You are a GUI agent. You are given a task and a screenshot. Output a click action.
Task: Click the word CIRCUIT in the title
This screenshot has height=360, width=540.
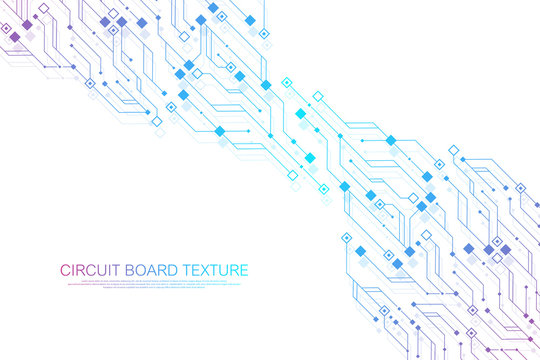[x=89, y=270]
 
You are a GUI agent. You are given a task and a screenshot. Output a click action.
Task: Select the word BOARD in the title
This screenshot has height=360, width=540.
[x=151, y=270]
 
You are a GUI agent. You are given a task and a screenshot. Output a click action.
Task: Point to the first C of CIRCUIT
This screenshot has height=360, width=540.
[x=65, y=270]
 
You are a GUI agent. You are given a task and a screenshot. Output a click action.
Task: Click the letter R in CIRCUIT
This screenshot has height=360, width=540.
[x=82, y=270]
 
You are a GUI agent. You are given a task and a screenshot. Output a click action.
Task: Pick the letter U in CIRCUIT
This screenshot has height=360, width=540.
[x=104, y=270]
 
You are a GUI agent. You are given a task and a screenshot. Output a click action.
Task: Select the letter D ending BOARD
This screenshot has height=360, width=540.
[x=173, y=270]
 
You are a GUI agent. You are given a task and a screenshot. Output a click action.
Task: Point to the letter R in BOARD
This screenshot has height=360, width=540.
[x=162, y=270]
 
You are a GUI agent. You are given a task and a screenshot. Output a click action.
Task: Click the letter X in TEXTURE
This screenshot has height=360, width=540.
[x=206, y=270]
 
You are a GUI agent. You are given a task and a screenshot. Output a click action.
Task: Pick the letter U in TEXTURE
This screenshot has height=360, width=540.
[x=225, y=270]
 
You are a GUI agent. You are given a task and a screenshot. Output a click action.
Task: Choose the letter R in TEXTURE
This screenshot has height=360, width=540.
[x=236, y=270]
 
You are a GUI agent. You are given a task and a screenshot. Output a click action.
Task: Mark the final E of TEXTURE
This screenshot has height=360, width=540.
[x=246, y=270]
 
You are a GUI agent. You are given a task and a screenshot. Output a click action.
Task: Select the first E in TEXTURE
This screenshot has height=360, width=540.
[x=196, y=270]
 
